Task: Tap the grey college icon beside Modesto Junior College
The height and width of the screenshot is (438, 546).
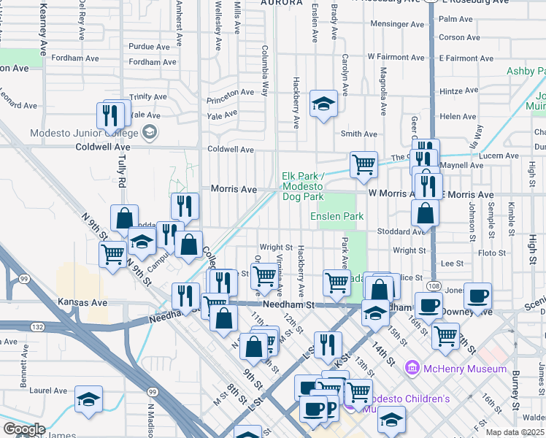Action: pyautogui.click(x=150, y=132)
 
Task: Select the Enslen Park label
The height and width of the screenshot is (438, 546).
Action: pyautogui.click(x=337, y=217)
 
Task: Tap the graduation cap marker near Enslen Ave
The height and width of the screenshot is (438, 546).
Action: pyautogui.click(x=323, y=104)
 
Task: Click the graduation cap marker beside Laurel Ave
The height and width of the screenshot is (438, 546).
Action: pyautogui.click(x=88, y=399)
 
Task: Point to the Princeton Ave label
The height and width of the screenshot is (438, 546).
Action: pyautogui.click(x=230, y=93)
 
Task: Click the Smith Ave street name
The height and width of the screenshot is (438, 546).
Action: pyautogui.click(x=359, y=134)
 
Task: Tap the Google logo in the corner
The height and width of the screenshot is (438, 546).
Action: pyautogui.click(x=23, y=429)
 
